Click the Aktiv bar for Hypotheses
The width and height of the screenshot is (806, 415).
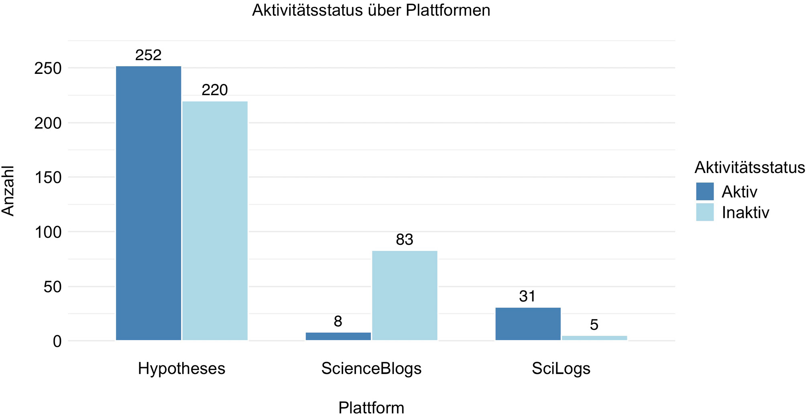149,203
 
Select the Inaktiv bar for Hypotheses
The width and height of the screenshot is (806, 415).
215,221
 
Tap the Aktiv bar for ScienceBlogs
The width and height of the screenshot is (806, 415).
338,336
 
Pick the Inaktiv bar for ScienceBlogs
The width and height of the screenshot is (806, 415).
405,295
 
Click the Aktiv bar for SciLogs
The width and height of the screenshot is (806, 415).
528,324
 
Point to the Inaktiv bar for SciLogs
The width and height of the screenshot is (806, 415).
594,338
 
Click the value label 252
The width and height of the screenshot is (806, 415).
149,55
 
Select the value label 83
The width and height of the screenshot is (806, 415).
405,240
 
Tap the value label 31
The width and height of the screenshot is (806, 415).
527,297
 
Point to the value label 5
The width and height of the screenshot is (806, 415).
594,325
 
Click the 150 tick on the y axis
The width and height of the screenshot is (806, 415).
48,177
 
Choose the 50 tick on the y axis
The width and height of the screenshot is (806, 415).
53,287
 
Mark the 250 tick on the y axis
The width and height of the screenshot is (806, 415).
48,68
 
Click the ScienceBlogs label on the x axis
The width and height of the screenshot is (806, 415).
371,368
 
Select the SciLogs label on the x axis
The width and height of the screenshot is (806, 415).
561,368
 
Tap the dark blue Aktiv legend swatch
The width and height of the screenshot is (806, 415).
705,191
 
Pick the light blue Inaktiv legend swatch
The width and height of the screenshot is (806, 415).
705,212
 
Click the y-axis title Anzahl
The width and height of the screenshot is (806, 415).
8,191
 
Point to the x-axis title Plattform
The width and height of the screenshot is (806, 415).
371,407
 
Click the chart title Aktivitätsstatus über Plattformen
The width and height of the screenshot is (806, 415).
371,10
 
